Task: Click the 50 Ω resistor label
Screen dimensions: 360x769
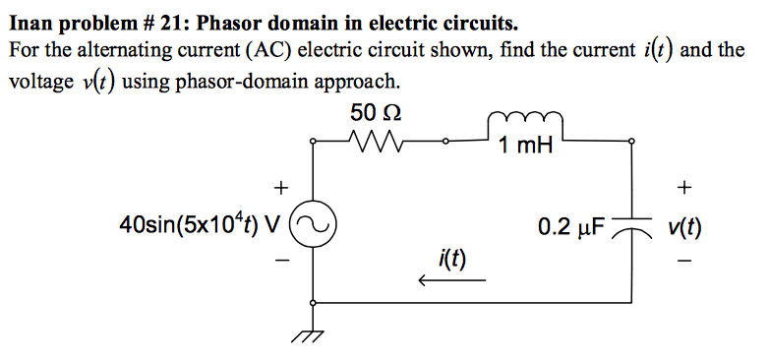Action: tap(375, 112)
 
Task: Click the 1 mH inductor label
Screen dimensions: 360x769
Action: tap(525, 149)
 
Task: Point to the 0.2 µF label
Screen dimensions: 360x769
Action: tap(574, 226)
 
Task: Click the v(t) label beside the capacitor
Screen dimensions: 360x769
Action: tap(683, 227)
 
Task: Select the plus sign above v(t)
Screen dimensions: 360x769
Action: tap(684, 186)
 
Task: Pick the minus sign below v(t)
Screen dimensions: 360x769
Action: tap(684, 262)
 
